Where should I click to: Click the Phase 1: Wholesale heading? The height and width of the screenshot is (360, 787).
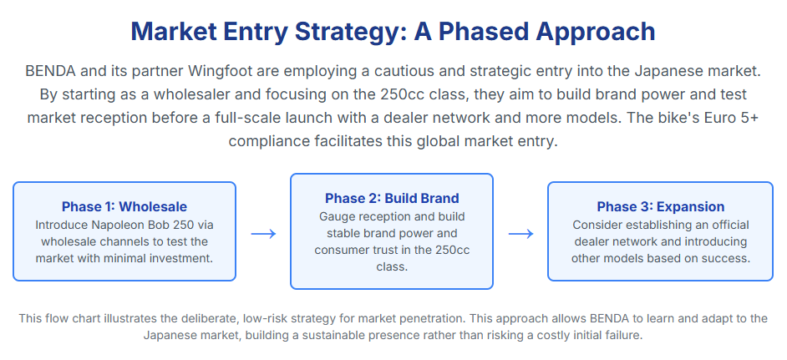click(x=124, y=207)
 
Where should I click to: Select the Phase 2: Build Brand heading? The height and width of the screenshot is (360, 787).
click(x=392, y=198)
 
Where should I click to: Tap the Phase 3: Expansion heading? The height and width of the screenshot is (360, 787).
click(x=661, y=207)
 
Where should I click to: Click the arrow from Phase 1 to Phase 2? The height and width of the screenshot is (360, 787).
click(x=263, y=234)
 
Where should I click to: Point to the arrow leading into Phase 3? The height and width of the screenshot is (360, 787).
click(x=520, y=234)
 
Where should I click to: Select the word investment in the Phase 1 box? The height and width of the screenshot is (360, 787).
click(x=185, y=259)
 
